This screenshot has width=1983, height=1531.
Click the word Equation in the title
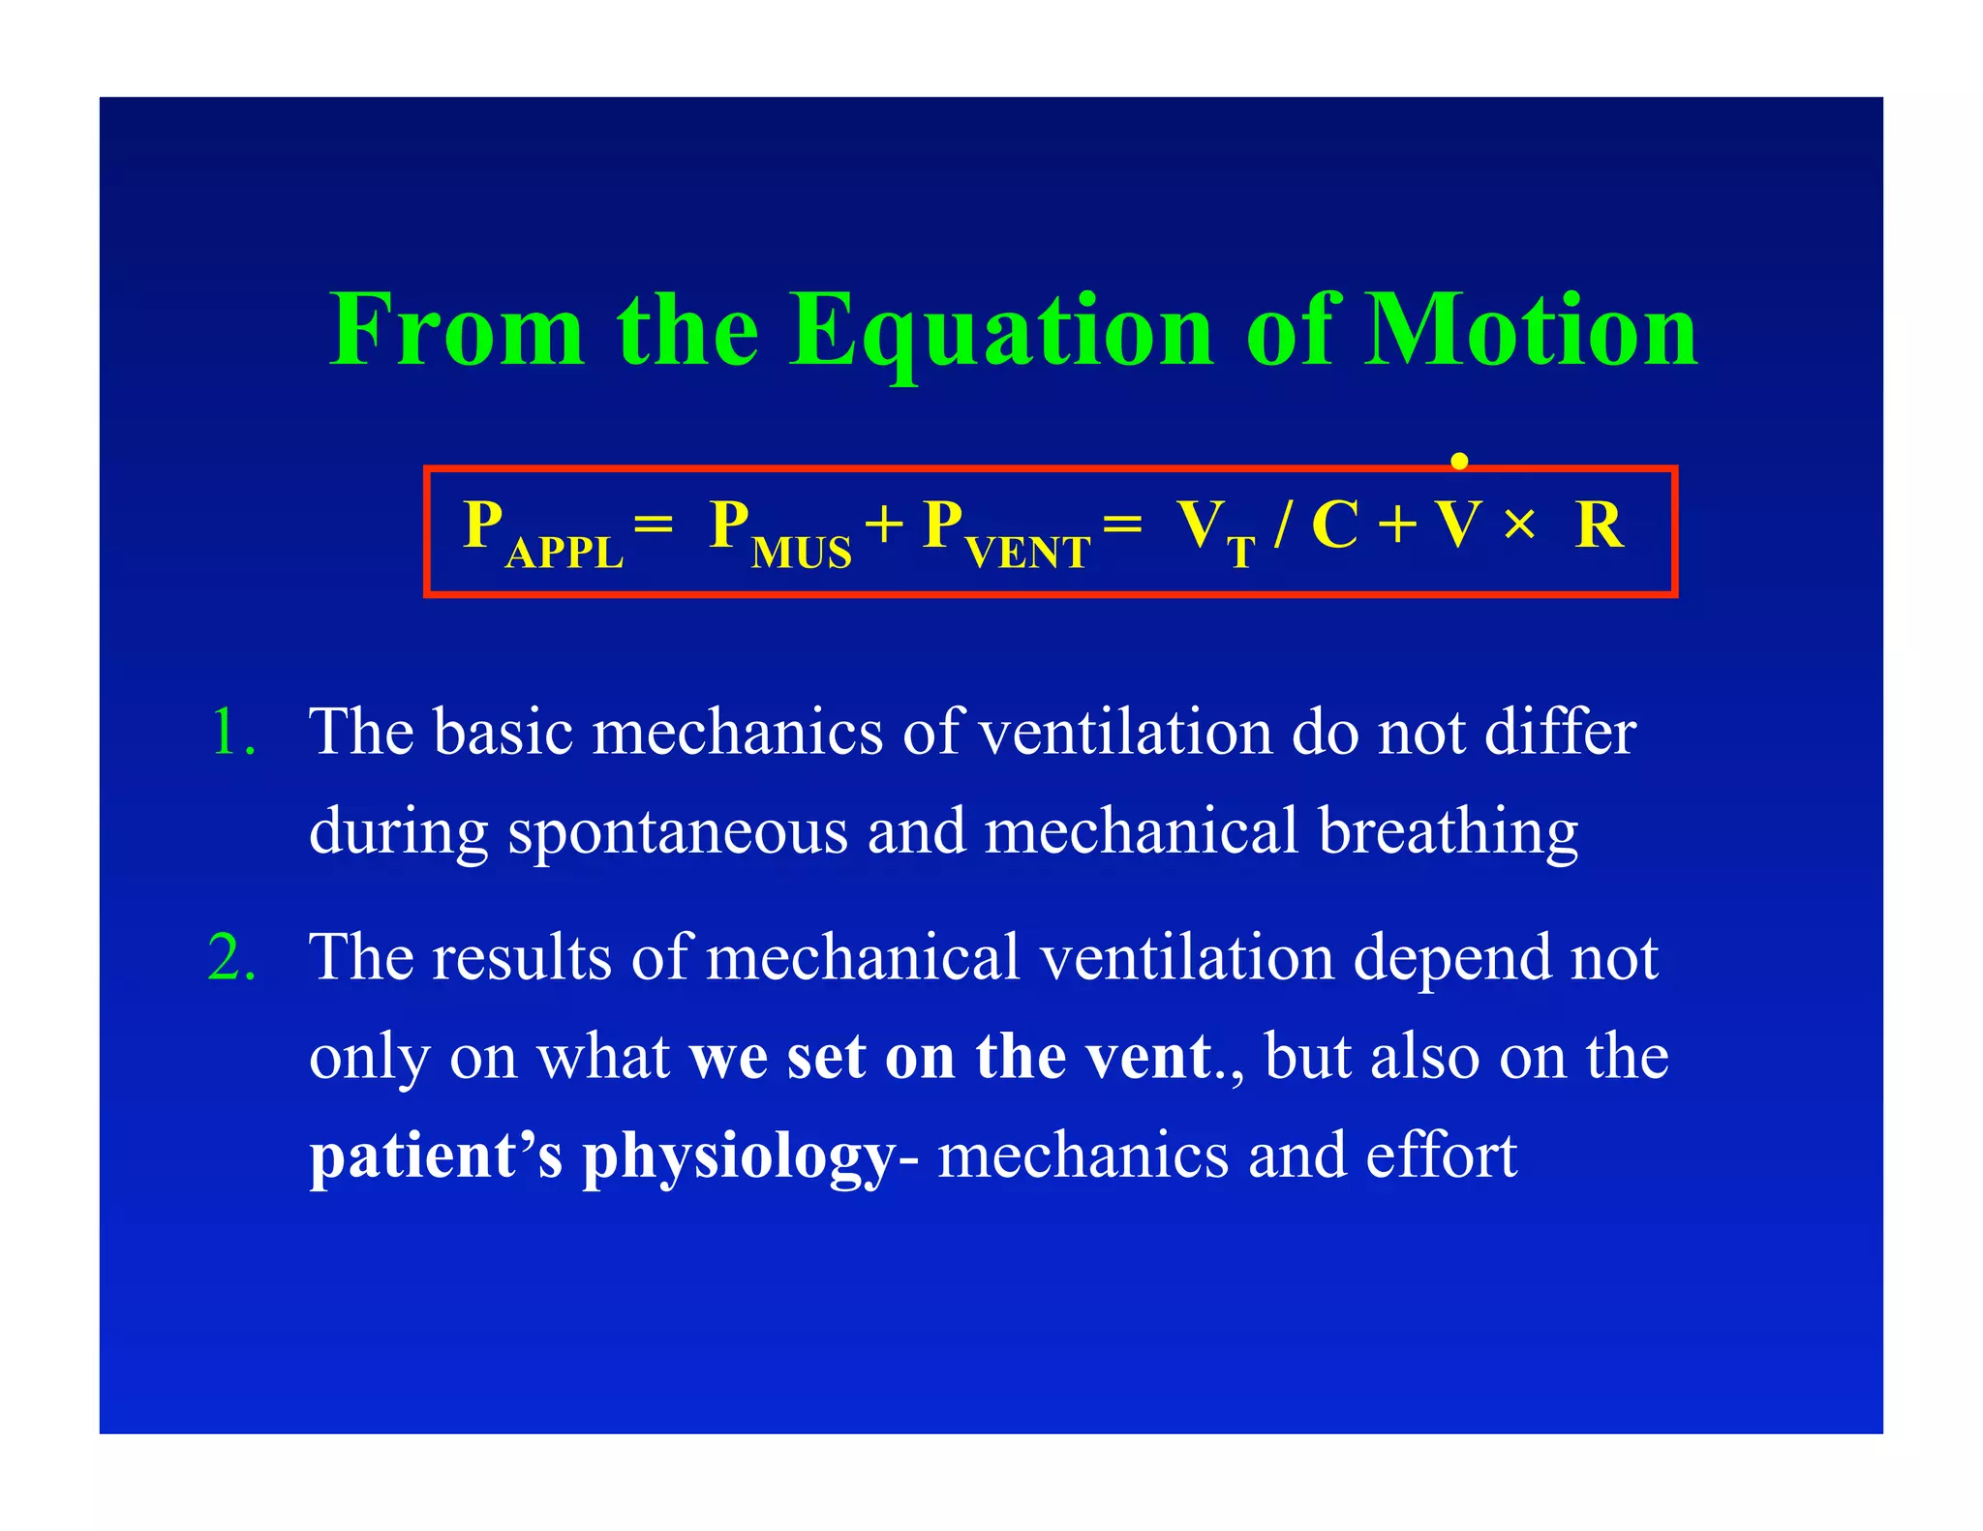click(x=1001, y=331)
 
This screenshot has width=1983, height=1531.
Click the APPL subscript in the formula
click(x=564, y=554)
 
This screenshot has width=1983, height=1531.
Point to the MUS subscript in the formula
click(x=801, y=554)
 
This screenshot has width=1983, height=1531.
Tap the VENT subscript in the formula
click(x=1027, y=554)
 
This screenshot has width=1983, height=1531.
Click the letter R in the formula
click(x=1599, y=525)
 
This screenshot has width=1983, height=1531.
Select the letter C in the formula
click(x=1334, y=525)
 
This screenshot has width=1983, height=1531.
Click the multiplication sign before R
click(x=1519, y=526)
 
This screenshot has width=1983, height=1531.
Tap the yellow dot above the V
click(x=1459, y=462)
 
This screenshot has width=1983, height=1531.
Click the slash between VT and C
click(x=1283, y=525)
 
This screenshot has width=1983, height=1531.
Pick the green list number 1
click(x=232, y=732)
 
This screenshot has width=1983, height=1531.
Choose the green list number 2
click(x=232, y=958)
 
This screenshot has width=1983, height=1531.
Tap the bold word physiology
click(x=738, y=1157)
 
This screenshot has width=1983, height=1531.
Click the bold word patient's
click(x=436, y=1156)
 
